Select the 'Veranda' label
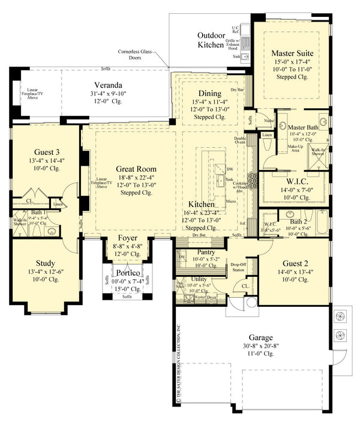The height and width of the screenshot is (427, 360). (109, 84)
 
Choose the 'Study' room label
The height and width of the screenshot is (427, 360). (45, 263)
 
